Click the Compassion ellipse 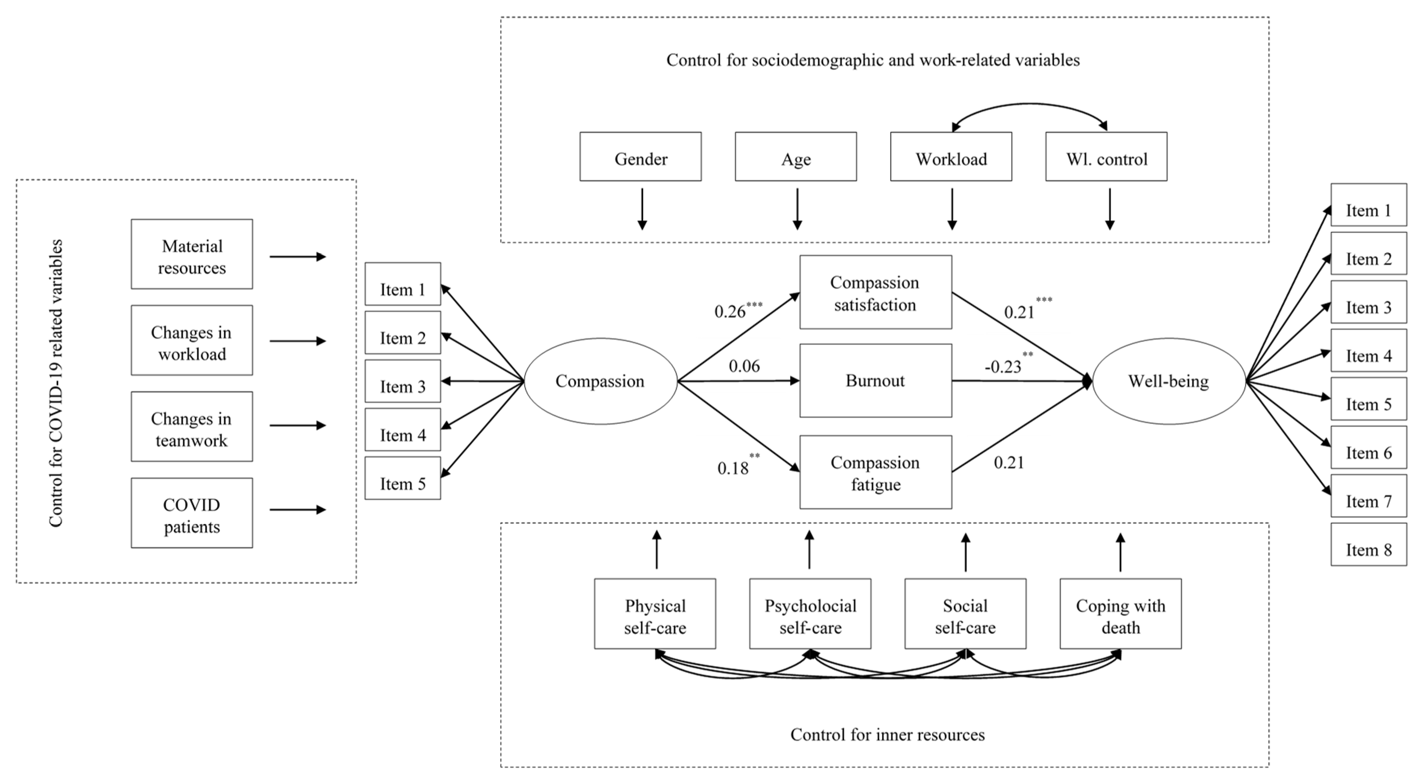[600, 381]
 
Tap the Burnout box [876, 380]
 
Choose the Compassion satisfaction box [876, 292]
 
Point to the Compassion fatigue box [876, 472]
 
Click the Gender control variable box [640, 156]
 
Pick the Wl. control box [1106, 156]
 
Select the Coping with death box [1121, 614]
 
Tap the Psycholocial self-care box [810, 614]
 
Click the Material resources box [192, 254]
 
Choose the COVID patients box [192, 513]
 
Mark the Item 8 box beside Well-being [1369, 545]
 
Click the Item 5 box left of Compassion [403, 478]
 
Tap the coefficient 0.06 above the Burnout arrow [744, 366]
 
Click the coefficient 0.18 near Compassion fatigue [733, 469]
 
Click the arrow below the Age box [797, 209]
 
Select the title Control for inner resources [888, 735]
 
